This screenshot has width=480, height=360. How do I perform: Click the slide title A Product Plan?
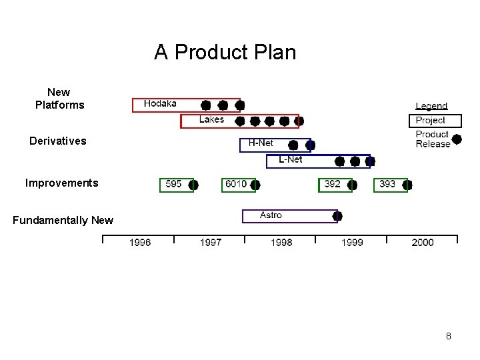(225, 52)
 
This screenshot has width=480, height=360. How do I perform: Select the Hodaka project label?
(160, 103)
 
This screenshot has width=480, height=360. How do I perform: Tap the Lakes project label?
(211, 119)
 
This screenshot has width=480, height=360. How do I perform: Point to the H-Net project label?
(261, 143)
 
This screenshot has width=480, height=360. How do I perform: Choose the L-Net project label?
(290, 159)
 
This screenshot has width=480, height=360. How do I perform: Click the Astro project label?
(271, 215)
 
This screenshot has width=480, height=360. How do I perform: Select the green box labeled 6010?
(236, 184)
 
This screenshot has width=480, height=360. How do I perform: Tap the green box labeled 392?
(333, 184)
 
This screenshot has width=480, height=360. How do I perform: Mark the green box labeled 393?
(387, 184)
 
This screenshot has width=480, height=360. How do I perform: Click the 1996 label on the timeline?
(140, 243)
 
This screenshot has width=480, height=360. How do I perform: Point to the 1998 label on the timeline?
(281, 243)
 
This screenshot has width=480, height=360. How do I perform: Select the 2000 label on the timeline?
(423, 243)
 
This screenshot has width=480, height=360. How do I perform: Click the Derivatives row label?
(58, 141)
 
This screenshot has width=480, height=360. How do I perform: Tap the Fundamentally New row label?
(63, 220)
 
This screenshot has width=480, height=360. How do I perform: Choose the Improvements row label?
(61, 183)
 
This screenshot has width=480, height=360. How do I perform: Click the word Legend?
(431, 106)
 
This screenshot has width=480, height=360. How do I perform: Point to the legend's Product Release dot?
(457, 139)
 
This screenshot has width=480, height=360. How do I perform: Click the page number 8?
(449, 336)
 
